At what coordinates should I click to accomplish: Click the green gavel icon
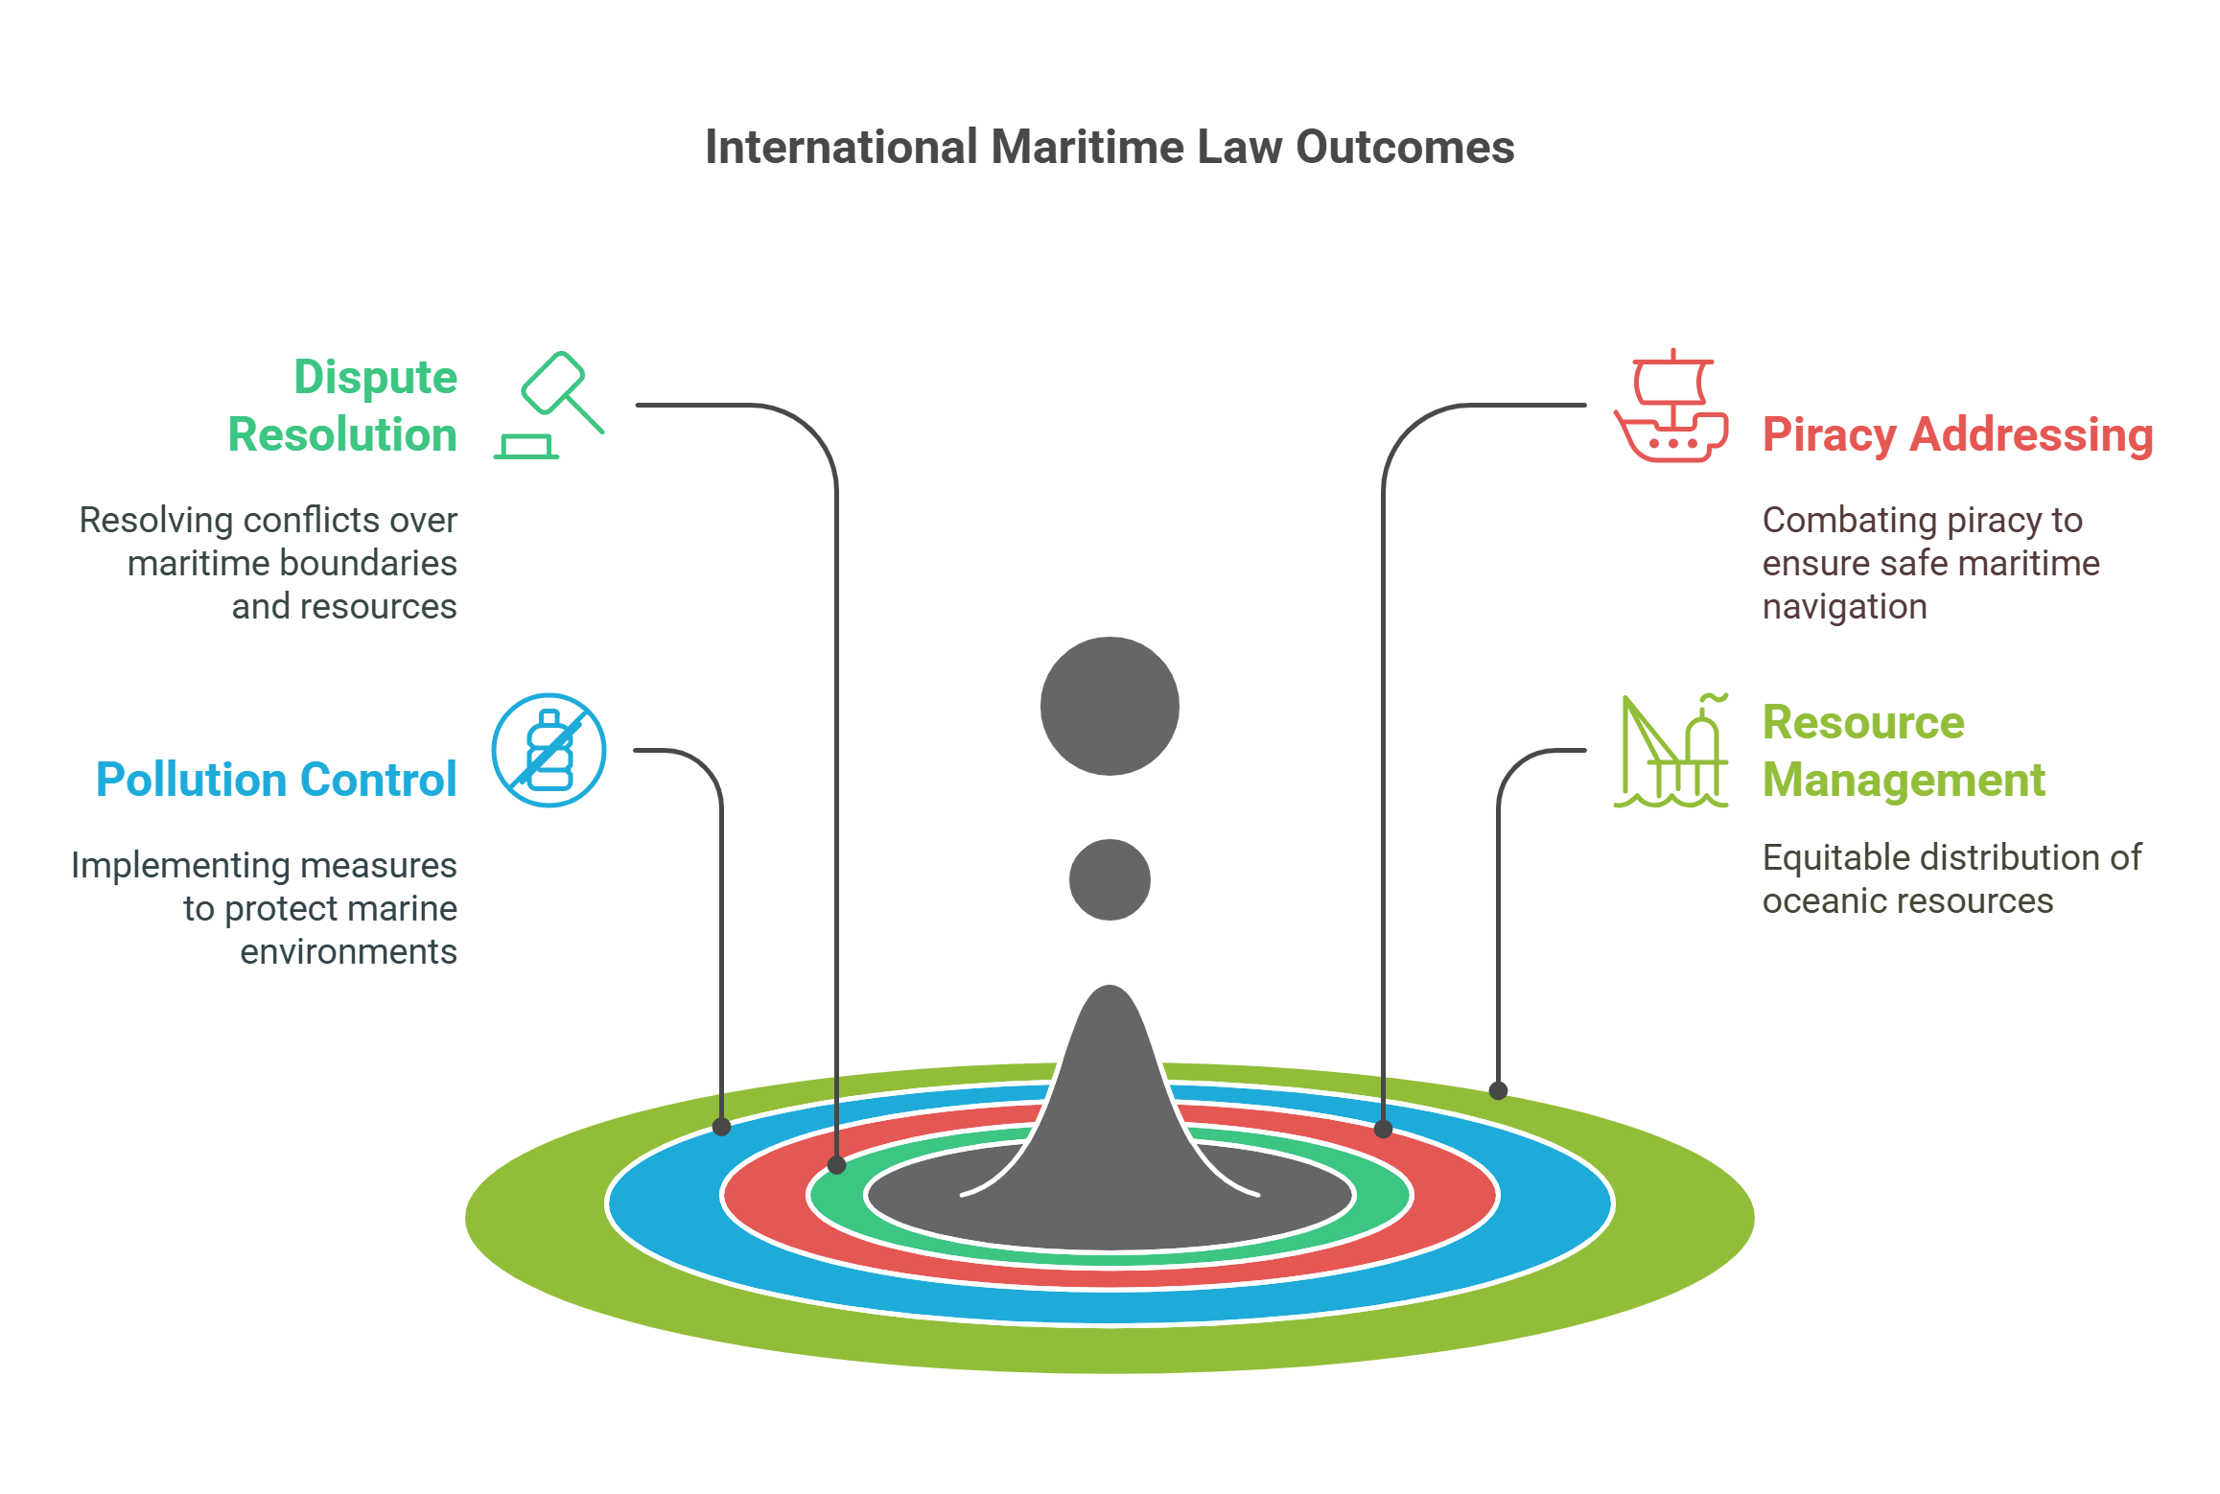click(549, 405)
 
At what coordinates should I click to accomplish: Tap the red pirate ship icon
click(1671, 407)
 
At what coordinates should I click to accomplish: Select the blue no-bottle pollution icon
click(549, 750)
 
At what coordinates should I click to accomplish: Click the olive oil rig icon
click(1671, 752)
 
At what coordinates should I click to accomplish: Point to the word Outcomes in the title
click(1405, 148)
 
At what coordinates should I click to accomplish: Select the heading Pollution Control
click(276, 779)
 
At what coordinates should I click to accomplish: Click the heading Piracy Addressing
click(1957, 434)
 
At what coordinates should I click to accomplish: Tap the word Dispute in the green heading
click(375, 377)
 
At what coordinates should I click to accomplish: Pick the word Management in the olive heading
click(1904, 780)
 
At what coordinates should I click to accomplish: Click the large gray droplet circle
click(1110, 706)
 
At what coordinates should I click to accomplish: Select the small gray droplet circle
click(1110, 879)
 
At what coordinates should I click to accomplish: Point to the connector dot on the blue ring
click(722, 1127)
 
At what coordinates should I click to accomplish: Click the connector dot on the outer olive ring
click(1498, 1090)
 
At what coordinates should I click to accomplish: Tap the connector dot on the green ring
click(836, 1165)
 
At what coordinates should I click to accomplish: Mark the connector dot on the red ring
click(1383, 1129)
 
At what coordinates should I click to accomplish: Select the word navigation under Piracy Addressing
click(1844, 607)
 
